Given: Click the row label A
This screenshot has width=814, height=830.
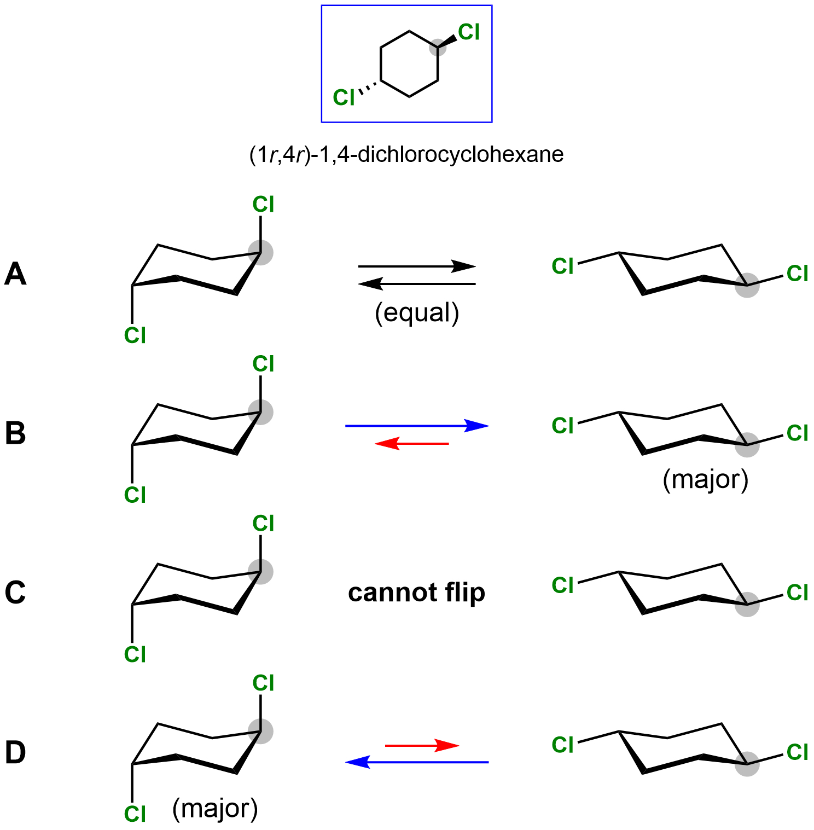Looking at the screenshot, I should click(x=15, y=274).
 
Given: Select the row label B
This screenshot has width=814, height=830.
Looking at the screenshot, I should click(x=15, y=433).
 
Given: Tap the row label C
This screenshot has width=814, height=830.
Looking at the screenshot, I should click(x=15, y=593).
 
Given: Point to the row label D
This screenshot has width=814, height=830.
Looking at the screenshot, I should click(x=15, y=752).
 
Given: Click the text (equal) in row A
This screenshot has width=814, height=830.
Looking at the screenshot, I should click(x=417, y=313).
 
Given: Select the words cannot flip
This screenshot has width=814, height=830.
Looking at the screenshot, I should click(x=416, y=593).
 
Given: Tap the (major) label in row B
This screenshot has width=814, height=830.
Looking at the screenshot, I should click(x=705, y=480).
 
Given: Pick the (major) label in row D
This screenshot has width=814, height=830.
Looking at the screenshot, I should click(x=215, y=809).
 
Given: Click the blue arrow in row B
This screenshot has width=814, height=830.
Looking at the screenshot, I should click(x=417, y=426).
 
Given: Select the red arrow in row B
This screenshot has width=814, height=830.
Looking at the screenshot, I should click(x=412, y=443).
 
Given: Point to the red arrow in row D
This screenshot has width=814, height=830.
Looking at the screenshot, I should click(x=422, y=745).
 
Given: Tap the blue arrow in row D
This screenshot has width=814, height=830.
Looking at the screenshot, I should click(x=417, y=762).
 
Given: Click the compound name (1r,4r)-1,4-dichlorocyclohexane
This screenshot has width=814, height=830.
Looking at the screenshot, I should click(x=406, y=155).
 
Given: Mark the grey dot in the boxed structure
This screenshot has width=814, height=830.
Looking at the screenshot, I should click(x=438, y=48).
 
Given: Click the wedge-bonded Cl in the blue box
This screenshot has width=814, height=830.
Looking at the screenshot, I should click(x=469, y=32).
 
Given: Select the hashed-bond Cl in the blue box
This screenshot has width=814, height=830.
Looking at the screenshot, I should click(x=344, y=98).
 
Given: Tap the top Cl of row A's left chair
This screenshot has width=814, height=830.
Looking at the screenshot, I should click(x=263, y=205).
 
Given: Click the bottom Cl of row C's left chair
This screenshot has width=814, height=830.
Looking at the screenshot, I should click(x=135, y=654).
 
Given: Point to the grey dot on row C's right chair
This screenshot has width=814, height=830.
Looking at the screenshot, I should click(x=747, y=604).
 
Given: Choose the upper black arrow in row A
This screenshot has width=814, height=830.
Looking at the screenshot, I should click(x=417, y=266).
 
